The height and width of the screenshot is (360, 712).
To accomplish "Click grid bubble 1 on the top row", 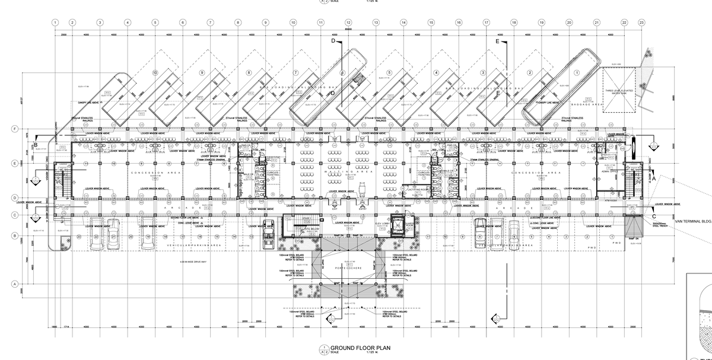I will tap(55, 22).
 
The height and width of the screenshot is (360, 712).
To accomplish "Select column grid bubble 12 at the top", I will tap(348, 22).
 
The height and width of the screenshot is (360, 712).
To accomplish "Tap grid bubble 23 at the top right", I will tap(641, 22).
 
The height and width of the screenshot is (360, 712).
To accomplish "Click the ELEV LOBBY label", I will tap(373, 224).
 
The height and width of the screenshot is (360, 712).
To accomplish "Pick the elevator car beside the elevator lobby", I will tap(398, 226).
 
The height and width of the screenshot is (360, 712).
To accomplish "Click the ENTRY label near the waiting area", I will tap(362, 208).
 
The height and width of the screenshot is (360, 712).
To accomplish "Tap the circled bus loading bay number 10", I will tap(155, 72).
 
